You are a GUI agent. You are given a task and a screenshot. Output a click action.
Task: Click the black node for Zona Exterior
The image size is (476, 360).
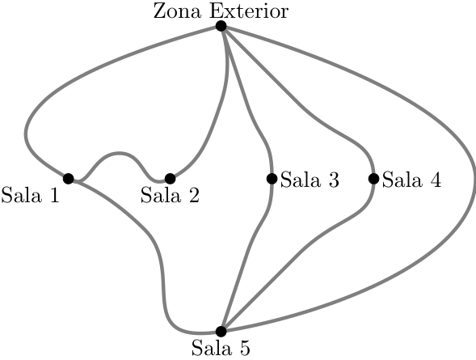coord(221,26)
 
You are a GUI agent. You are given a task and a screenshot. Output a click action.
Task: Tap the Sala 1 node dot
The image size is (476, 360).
coord(69,178)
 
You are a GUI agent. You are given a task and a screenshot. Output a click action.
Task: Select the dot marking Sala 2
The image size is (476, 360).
coord(171,178)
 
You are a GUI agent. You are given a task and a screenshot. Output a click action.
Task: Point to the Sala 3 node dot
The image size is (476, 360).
coord(272,178)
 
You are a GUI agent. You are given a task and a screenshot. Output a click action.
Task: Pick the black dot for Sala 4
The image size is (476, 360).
coord(373,178)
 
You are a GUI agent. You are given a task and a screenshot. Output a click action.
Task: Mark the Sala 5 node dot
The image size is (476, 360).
coord(221,331)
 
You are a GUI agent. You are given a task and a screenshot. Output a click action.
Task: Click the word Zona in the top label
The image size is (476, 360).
coord(178,11)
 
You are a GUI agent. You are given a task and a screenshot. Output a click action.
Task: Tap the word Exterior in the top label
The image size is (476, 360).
coord(249,11)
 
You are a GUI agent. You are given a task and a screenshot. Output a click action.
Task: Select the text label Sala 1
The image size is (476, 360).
coord(31,195)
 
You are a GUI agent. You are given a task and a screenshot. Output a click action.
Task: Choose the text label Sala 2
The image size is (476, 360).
coord(170,195)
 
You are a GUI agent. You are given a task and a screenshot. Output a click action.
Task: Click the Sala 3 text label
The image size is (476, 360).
coord(310,180)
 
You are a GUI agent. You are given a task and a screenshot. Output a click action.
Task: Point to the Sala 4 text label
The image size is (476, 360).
coord(411,180)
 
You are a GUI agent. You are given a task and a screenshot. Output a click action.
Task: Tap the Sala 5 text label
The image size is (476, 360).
coord(221,348)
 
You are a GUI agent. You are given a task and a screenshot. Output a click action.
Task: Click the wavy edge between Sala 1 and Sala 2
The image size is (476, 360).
coord(120,154)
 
